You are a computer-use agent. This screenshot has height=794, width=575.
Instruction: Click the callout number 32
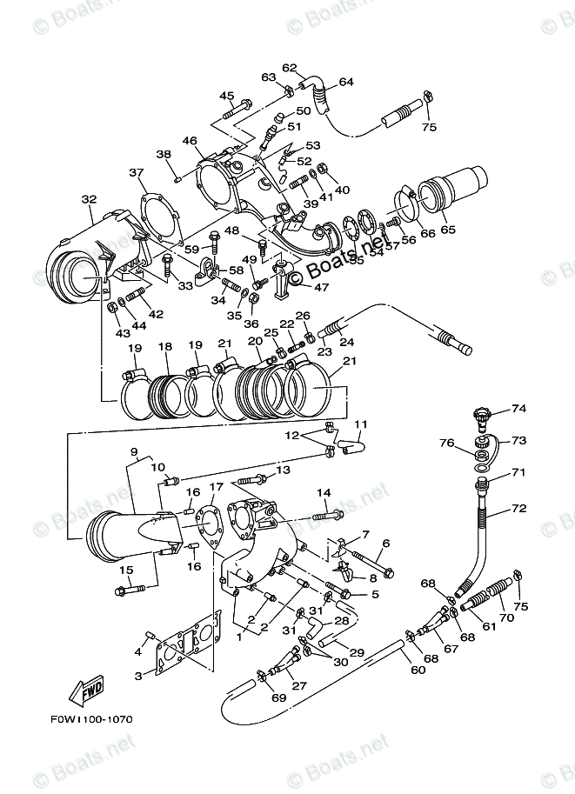pos(89,199)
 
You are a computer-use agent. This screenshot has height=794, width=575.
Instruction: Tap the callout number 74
pos(519,408)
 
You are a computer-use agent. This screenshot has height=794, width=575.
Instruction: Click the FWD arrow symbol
pos(89,692)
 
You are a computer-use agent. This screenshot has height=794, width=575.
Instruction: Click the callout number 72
pos(519,507)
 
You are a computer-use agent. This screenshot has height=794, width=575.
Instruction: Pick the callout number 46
pos(190,140)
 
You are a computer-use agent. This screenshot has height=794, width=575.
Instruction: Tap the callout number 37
pos(137,172)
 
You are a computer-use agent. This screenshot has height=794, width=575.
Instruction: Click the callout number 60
pos(418,671)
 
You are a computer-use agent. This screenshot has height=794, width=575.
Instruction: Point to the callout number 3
pos(138,675)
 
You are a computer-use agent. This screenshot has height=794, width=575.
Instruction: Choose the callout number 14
pos(324,493)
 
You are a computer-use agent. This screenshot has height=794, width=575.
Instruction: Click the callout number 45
pos(226,96)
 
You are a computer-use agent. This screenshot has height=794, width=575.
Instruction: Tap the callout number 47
pos(322,287)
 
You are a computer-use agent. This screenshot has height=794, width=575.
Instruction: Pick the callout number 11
pos(360,424)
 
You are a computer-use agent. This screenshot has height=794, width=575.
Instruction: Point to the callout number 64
pos(346,82)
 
